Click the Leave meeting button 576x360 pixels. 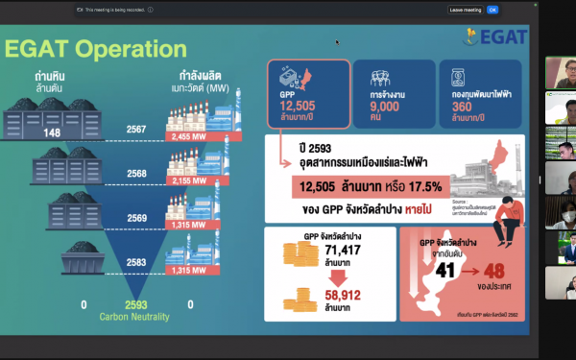point(465,10)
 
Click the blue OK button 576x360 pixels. point(492,10)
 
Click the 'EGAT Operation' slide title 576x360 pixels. point(97,49)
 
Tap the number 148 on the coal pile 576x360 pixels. point(52,132)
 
